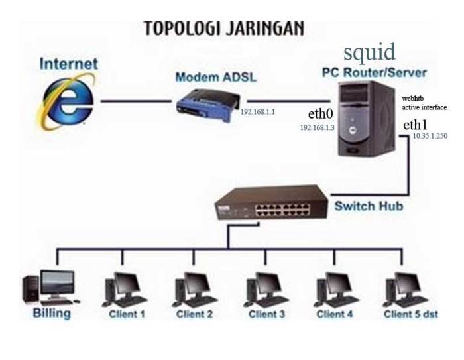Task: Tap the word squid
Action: click(369, 51)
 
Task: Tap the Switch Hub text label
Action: click(368, 206)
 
